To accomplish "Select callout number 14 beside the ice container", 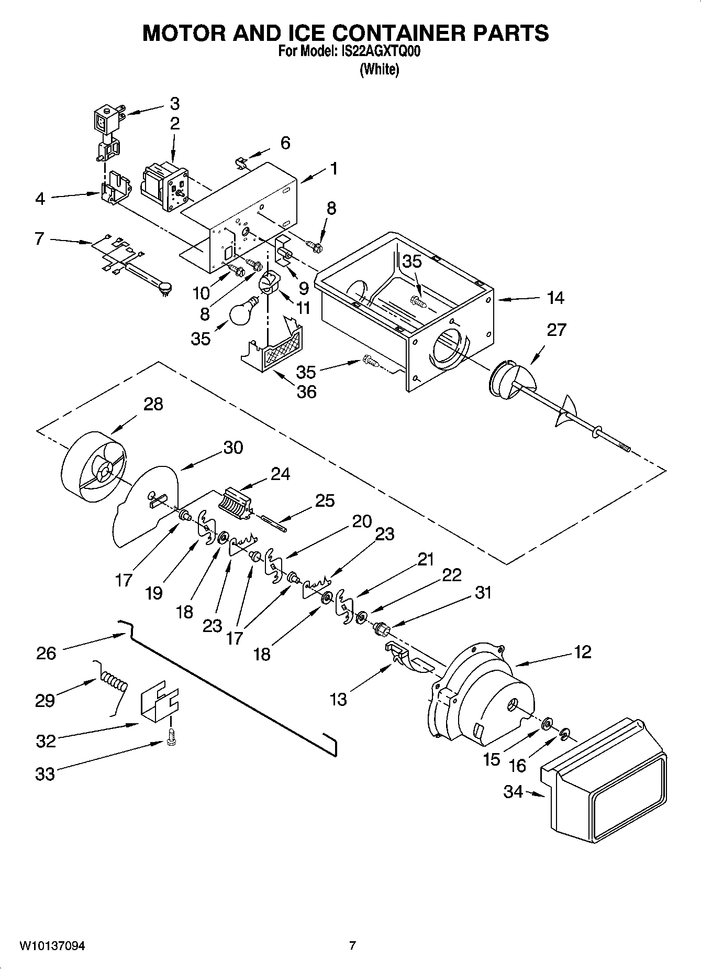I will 555,298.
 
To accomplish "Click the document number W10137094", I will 52,946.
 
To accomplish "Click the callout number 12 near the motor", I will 582,652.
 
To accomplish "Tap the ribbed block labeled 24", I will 235,504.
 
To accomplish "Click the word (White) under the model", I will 379,69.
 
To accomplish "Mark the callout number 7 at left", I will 39,238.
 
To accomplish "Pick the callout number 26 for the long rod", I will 46,653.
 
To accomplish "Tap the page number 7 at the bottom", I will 352,945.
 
